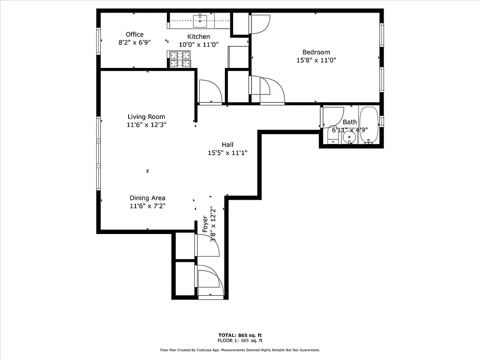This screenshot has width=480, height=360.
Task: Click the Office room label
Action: click(x=135, y=35)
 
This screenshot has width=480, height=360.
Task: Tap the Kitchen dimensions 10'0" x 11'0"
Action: click(x=198, y=45)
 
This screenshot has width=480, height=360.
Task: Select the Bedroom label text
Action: click(x=316, y=52)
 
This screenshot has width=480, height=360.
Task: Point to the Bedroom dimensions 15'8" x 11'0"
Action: click(x=316, y=60)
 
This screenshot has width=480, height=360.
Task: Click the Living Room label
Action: click(x=146, y=117)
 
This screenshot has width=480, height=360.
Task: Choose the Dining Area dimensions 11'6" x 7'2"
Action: click(x=147, y=206)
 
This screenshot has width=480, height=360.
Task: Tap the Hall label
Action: click(x=227, y=145)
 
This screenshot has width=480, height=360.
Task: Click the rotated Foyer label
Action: click(x=205, y=224)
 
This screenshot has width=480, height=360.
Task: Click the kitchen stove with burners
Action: click(x=180, y=59)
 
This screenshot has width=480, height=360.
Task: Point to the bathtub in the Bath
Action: click(x=370, y=125)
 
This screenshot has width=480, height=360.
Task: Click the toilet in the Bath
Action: click(x=333, y=134)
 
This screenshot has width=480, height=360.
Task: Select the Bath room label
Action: click(x=350, y=122)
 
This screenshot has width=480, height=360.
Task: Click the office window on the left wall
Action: click(x=98, y=41)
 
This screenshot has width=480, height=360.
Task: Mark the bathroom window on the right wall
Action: click(x=381, y=122)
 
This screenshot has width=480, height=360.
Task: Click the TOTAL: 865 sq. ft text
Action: click(x=240, y=335)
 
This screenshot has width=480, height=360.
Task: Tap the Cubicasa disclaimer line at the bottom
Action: click(x=240, y=350)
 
